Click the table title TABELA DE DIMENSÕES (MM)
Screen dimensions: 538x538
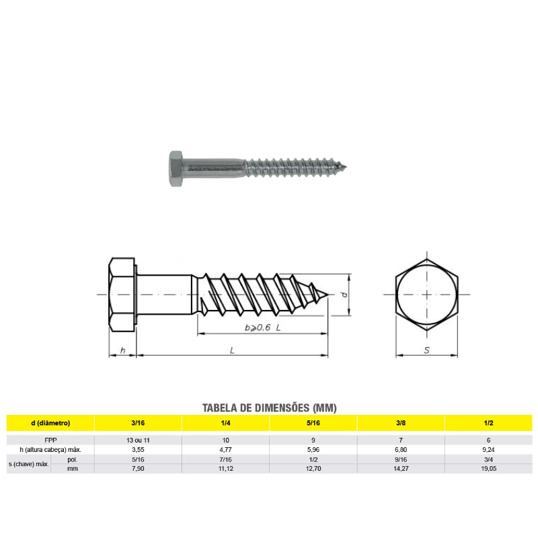(x=269, y=408)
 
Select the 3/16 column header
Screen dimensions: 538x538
(x=138, y=423)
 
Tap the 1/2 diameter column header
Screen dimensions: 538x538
(x=488, y=423)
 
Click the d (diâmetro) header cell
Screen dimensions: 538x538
(x=50, y=423)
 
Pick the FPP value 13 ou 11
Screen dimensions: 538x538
(x=138, y=440)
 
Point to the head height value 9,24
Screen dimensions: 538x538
(x=488, y=449)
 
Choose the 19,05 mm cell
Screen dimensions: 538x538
(x=488, y=468)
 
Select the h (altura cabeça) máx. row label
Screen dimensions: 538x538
(x=50, y=449)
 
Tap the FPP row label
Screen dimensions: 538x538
(x=50, y=440)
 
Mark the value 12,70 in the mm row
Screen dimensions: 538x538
(x=313, y=468)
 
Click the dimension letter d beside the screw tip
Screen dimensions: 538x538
(x=343, y=295)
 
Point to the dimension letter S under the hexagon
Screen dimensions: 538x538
(x=427, y=350)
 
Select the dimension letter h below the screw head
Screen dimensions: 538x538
(x=122, y=350)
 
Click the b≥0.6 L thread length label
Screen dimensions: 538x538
(x=262, y=328)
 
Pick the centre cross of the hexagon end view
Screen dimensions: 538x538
(x=427, y=295)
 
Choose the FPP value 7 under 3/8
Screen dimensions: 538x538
(x=400, y=440)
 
